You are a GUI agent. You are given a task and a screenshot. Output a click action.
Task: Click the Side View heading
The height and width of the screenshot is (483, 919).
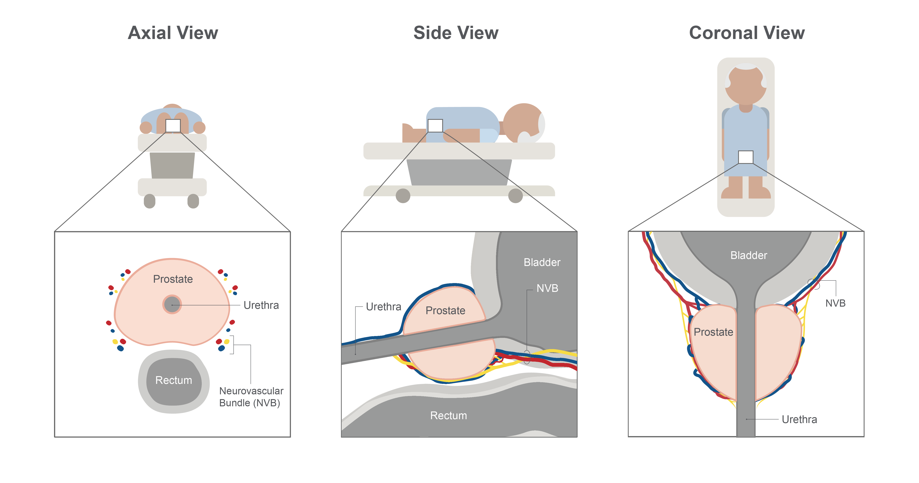456,33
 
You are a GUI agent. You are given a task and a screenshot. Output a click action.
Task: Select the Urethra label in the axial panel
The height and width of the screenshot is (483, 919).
261,305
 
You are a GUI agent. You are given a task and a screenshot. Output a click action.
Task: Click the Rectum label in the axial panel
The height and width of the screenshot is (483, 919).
174,380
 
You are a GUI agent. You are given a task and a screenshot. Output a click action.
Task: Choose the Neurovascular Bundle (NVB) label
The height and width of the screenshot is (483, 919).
251,397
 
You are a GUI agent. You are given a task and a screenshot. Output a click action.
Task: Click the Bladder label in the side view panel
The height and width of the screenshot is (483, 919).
542,262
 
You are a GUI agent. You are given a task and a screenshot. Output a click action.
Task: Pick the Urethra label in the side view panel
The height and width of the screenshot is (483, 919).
384,307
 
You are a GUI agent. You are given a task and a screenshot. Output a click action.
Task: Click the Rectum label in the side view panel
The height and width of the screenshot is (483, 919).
448,415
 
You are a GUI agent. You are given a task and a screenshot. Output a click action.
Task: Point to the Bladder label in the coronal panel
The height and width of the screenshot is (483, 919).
748,255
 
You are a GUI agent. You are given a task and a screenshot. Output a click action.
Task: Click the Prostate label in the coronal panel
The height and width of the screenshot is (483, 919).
713,332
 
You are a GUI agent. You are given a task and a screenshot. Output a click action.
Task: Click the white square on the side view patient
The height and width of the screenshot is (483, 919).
435,126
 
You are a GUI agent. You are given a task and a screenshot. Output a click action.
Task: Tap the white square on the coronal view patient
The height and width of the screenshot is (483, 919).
746,157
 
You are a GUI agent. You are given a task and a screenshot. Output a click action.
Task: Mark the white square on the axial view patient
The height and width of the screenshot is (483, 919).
173,126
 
